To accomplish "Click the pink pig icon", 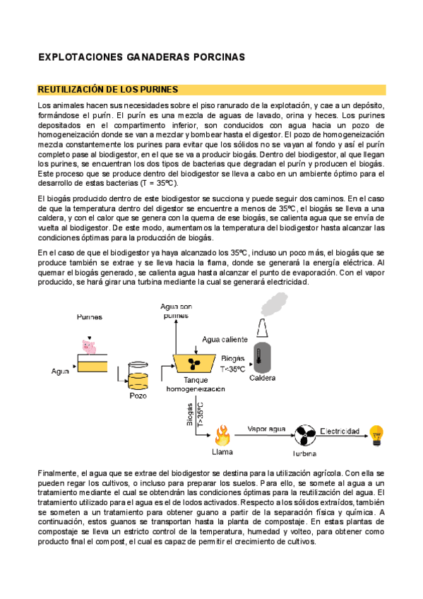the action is click(x=89, y=347).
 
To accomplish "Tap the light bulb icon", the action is click(x=376, y=436).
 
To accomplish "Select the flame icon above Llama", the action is click(x=222, y=436).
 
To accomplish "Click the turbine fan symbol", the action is click(x=305, y=435).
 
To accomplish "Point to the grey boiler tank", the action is click(x=262, y=358).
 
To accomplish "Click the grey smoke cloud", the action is click(x=274, y=304).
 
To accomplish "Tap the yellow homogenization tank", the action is click(x=193, y=363).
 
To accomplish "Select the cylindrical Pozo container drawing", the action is click(x=138, y=376).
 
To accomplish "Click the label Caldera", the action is click(x=262, y=378).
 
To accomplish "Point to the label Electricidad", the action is click(x=340, y=431).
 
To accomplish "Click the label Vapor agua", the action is click(x=266, y=429).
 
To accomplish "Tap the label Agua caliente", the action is click(x=225, y=339).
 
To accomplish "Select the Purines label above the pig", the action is click(x=90, y=316).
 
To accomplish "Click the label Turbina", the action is click(x=304, y=453).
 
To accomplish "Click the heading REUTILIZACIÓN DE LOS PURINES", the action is click(x=108, y=90).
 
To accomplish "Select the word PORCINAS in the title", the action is click(x=219, y=57).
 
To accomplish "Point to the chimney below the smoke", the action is click(x=262, y=328).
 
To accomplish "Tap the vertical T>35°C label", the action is click(x=201, y=414).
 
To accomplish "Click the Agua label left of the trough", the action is click(x=60, y=372).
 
